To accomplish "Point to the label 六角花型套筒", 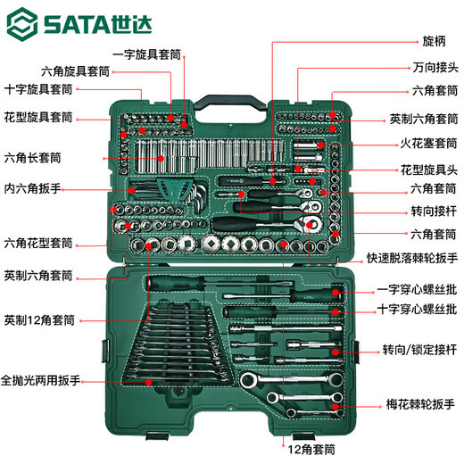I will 37,242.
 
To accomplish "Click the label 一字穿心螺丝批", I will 416,289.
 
